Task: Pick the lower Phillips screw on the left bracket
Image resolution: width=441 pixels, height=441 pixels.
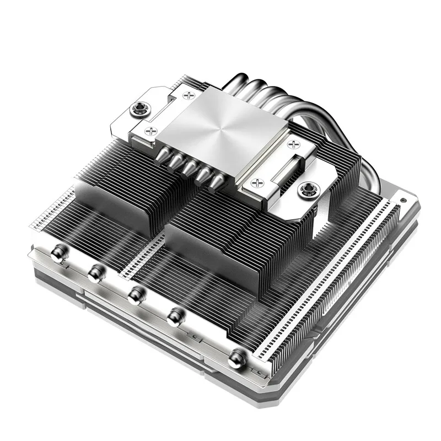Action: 150,131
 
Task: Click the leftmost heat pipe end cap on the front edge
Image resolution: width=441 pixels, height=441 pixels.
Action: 57,253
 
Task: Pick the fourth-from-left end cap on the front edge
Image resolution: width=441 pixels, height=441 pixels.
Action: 176,316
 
